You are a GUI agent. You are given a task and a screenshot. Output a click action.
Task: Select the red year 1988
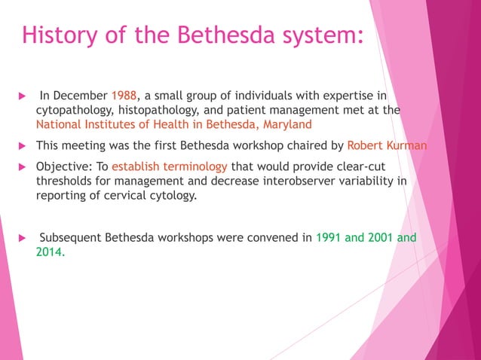pyautogui.click(x=124, y=96)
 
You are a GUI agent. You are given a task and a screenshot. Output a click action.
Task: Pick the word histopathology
pyautogui.click(x=161, y=110)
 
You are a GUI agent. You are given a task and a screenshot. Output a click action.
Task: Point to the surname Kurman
pyautogui.click(x=408, y=145)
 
